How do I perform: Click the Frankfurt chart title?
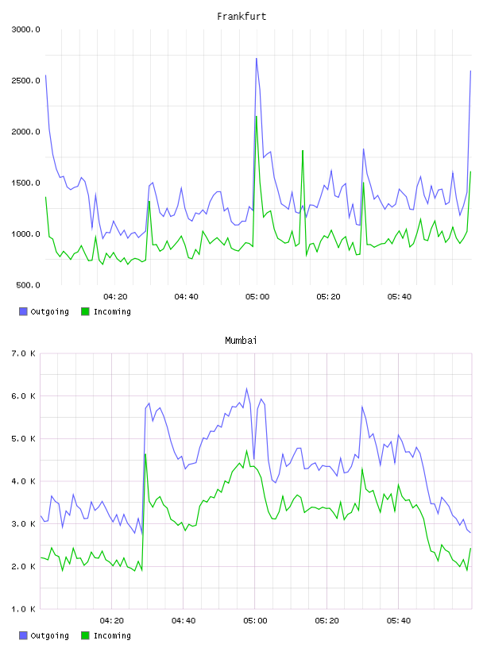(x=241, y=17)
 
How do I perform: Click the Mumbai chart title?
(x=241, y=341)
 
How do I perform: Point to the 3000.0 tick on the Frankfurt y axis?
(x=25, y=29)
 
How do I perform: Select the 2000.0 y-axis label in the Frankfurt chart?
(x=25, y=132)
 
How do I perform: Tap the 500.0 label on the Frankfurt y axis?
(x=28, y=285)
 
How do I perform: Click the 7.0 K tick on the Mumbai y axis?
(x=24, y=353)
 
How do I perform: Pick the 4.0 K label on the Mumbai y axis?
(x=24, y=481)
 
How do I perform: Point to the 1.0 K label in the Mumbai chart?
(x=24, y=609)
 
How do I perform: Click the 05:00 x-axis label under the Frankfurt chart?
(x=257, y=297)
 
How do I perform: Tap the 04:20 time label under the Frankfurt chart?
(x=115, y=297)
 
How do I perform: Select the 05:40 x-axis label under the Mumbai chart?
(x=399, y=621)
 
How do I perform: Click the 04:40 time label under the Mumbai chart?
(x=184, y=621)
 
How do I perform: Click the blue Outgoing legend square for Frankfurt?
(x=23, y=311)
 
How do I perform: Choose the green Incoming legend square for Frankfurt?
(x=85, y=311)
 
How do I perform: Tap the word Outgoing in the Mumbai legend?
(x=49, y=635)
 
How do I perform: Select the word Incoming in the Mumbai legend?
(x=112, y=635)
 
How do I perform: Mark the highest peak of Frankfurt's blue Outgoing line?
(x=257, y=58)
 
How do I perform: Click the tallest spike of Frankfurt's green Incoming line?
(x=257, y=116)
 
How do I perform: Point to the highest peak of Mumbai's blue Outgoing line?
(x=247, y=388)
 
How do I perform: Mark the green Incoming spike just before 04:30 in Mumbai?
(x=145, y=454)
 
